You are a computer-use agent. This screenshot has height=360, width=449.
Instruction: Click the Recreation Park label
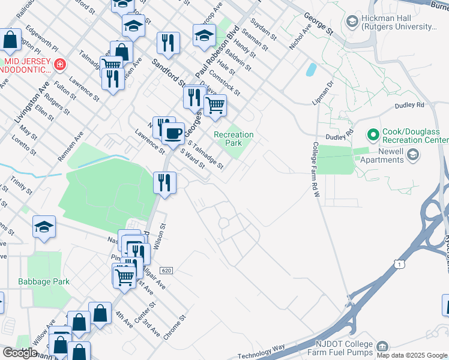tap(234, 139)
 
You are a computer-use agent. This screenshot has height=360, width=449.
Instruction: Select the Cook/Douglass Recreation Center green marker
tap(373, 134)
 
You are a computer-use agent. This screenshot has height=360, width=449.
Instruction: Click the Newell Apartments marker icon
tap(412, 155)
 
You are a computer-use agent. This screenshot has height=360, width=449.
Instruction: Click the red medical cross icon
tap(59, 64)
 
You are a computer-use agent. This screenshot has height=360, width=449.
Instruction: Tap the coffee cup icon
tap(173, 132)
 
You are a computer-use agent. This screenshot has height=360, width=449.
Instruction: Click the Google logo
tap(20, 352)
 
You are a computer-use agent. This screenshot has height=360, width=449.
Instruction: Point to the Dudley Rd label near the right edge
tap(409, 105)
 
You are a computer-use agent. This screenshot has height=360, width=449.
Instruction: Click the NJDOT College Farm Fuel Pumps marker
tap(382, 347)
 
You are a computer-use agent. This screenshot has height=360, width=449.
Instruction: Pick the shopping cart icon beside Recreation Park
tap(214, 106)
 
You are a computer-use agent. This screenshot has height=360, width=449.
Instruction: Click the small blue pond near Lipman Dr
tap(311, 70)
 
